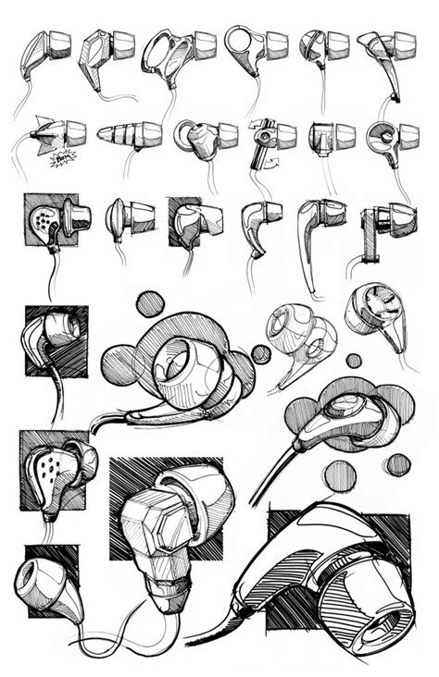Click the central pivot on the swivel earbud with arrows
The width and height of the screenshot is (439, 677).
pos(266,135)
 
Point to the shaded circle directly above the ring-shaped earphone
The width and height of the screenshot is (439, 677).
pos(149,303)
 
